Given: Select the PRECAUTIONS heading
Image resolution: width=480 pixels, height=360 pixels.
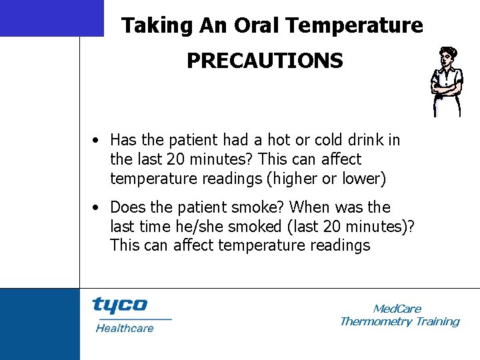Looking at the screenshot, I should [x=265, y=61].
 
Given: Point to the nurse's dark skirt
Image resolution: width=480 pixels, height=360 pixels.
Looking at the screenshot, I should [x=446, y=105].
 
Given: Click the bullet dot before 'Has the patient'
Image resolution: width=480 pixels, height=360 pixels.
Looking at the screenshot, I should [x=97, y=141].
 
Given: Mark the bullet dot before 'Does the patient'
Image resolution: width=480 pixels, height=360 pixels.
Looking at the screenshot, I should [x=97, y=208].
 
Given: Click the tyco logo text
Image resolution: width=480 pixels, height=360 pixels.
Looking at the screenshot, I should [x=119, y=305].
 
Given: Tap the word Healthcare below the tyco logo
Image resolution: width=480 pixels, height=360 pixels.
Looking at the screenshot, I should [x=125, y=328].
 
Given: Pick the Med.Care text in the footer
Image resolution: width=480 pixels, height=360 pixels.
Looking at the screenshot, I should [x=397, y=309].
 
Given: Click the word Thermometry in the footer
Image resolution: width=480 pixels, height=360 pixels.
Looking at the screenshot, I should [x=376, y=322].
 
